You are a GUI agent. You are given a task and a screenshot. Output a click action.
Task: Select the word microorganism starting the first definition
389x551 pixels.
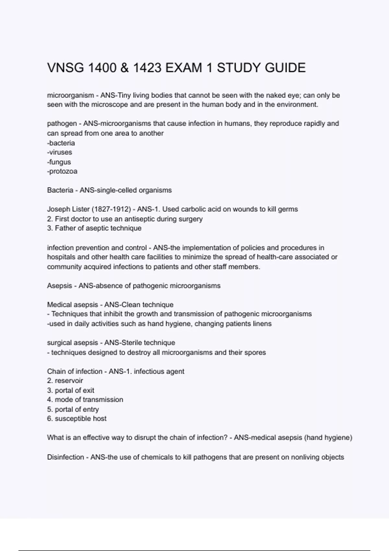[x=70, y=95]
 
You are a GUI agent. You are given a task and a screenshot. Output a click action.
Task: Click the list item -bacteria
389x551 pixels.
[x=61, y=143]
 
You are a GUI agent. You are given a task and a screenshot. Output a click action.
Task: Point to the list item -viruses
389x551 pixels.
[x=60, y=152]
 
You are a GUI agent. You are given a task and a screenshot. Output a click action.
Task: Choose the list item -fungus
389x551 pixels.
[x=59, y=162]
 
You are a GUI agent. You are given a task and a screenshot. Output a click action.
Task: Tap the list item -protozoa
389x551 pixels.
[x=62, y=171]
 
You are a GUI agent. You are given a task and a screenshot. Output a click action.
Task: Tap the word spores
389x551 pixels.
[x=255, y=352]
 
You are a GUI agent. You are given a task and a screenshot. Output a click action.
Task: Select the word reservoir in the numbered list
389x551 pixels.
[x=69, y=381]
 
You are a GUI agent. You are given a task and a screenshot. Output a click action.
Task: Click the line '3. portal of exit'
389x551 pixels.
[x=71, y=390]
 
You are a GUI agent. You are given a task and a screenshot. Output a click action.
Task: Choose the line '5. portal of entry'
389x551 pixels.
[x=73, y=409]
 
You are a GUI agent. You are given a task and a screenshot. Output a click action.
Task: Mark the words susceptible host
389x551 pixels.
[x=80, y=419]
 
